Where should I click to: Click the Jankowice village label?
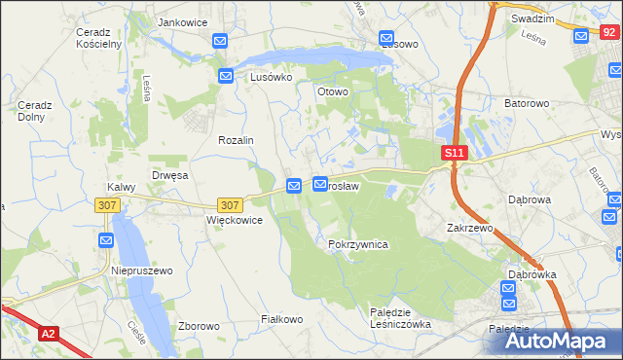tap(185, 21)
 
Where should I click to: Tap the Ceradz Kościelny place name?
tap(97, 38)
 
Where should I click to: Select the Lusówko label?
tap(272, 76)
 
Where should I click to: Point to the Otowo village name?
tap(333, 92)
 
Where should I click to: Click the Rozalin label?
tap(236, 140)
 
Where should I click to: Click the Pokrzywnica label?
tap(358, 245)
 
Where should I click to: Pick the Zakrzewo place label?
tap(471, 227)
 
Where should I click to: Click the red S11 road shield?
tap(455, 154)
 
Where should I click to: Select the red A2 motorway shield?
tap(48, 334)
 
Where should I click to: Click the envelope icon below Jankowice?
tap(220, 41)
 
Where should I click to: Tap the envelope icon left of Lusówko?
tap(226, 76)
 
